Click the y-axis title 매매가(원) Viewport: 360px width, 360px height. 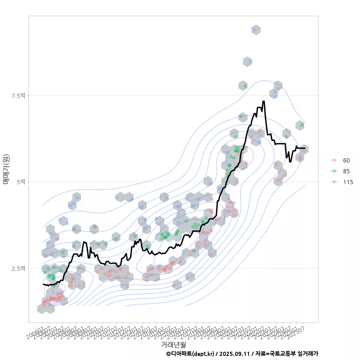click(6, 169)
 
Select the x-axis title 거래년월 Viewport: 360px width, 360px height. click(173, 344)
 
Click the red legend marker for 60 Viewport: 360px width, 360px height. click(334, 160)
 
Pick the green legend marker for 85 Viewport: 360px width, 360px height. click(334, 171)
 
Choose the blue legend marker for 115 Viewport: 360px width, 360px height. click(334, 182)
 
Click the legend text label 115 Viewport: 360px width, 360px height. click(348, 182)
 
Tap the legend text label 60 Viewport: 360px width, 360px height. click(346, 160)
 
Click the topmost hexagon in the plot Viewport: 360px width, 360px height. click(256, 30)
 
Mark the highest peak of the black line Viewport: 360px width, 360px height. click(264, 101)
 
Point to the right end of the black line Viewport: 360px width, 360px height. click(305, 148)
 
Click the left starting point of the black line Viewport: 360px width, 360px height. click(43, 284)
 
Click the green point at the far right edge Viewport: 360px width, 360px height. click(302, 125)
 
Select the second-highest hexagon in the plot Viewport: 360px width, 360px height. click(247, 62)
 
